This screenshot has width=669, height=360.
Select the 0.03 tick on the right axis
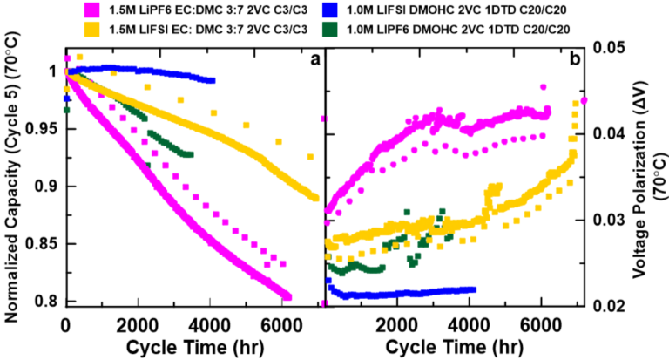coord(608,219)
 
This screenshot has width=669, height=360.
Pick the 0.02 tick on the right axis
coord(608,305)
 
